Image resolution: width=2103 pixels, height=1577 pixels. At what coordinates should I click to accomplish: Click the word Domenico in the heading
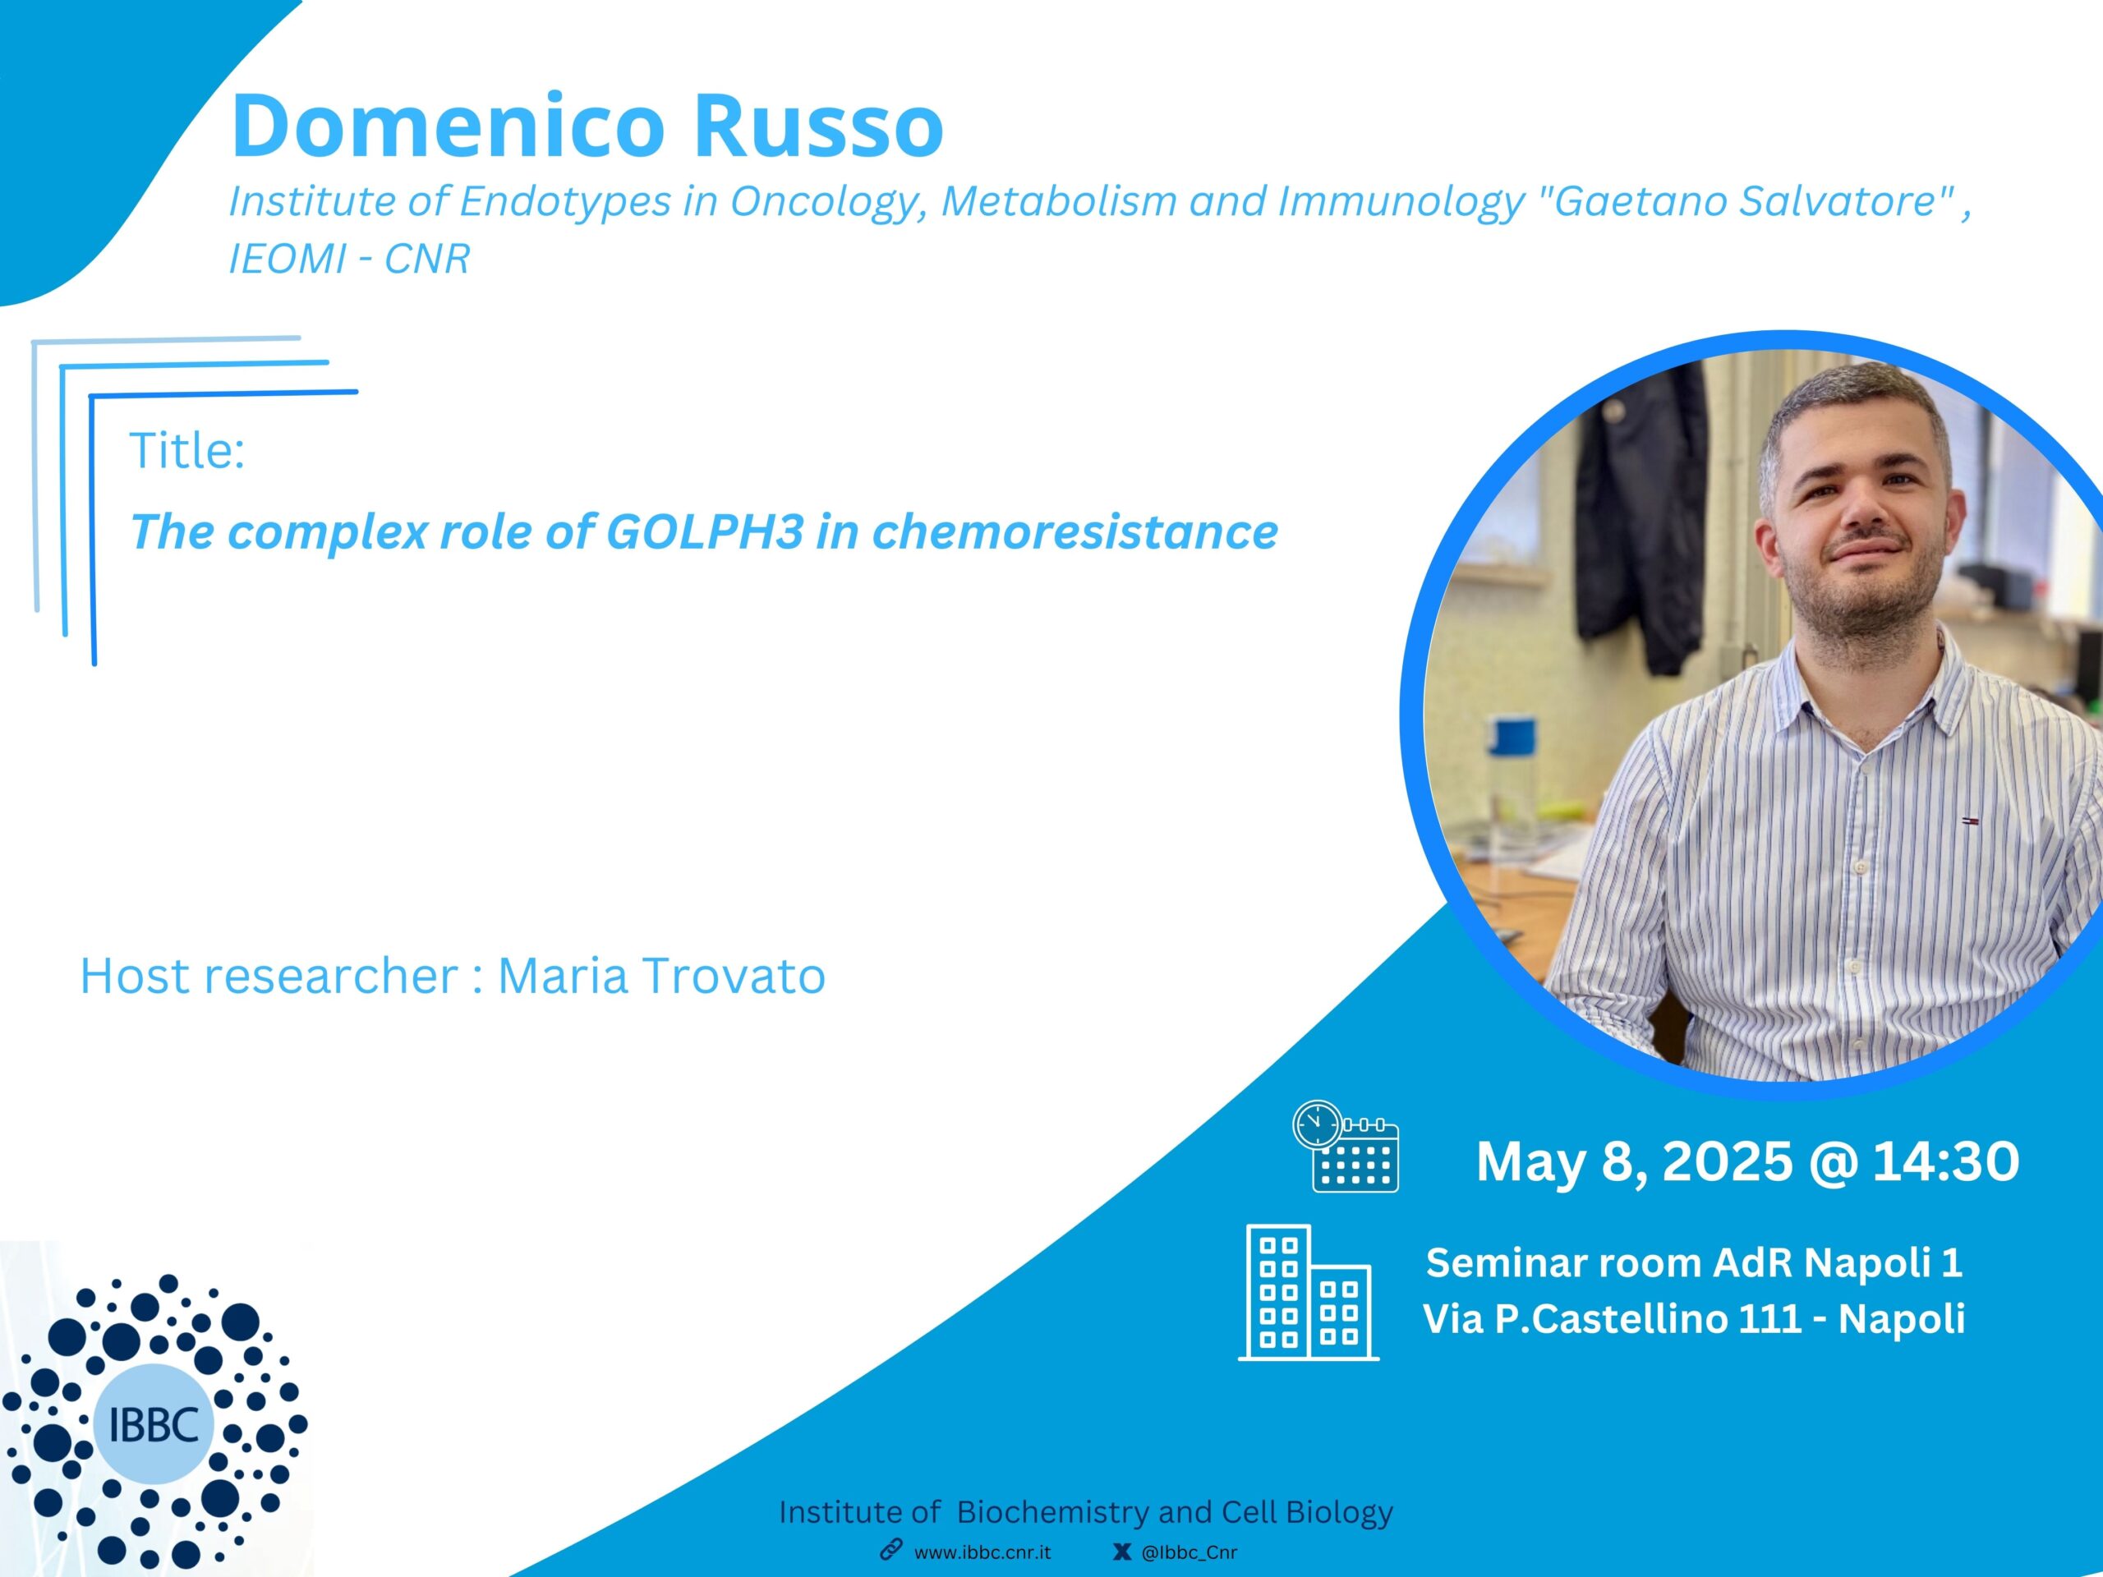[448, 126]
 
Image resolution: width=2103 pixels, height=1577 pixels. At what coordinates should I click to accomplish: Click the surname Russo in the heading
[817, 126]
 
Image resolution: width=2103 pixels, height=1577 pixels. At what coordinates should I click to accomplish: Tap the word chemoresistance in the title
[1075, 531]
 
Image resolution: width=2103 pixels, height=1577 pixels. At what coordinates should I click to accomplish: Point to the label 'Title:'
[187, 451]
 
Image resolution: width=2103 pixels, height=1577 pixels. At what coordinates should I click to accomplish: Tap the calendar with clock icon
[1346, 1147]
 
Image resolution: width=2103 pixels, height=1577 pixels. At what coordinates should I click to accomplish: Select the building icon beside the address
[1308, 1293]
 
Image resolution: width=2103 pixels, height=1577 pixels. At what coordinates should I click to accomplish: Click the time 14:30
[1946, 1161]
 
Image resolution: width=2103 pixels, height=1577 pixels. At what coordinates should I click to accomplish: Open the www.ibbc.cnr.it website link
[982, 1552]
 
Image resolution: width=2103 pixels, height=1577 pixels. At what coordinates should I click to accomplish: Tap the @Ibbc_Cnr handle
[1190, 1552]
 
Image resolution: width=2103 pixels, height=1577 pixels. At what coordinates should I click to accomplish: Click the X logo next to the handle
[1122, 1552]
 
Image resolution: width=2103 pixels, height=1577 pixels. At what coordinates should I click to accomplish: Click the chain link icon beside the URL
[890, 1551]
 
